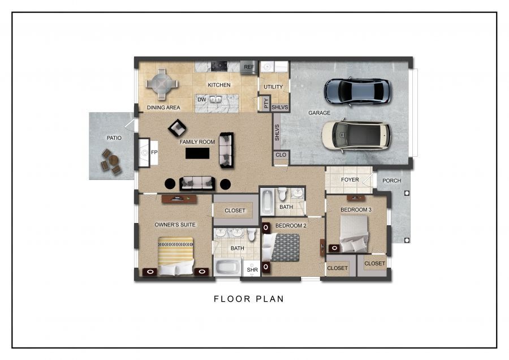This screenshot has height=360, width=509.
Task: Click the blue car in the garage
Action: [x=357, y=92]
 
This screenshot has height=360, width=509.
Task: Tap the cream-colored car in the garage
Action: [x=356, y=135]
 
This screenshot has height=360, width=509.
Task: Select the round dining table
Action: [x=162, y=84]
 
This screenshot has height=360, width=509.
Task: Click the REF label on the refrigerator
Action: [x=249, y=67]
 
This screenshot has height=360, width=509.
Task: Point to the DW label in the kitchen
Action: [x=201, y=100]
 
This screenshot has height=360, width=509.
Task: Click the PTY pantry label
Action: [x=266, y=104]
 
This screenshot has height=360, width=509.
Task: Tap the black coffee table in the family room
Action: [x=197, y=153]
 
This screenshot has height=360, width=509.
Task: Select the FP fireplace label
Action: [x=154, y=152]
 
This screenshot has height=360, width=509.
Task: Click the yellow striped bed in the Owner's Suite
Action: [x=176, y=256]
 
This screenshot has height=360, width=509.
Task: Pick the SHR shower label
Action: [x=252, y=269]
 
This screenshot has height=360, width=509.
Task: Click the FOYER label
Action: [x=350, y=179]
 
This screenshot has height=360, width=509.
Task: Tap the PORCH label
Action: [x=391, y=181]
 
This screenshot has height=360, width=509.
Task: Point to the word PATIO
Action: [x=114, y=138]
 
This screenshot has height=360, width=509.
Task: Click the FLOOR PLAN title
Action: [x=249, y=299]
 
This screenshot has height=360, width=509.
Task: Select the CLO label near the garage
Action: [x=281, y=155]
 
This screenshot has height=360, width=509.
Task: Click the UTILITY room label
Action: [x=273, y=87]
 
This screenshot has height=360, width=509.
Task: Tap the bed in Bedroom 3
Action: [x=354, y=234]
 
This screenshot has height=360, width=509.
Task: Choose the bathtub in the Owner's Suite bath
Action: [x=227, y=267]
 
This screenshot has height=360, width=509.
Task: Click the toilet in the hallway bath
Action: [x=282, y=194]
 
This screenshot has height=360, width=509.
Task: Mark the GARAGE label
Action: [x=320, y=113]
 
